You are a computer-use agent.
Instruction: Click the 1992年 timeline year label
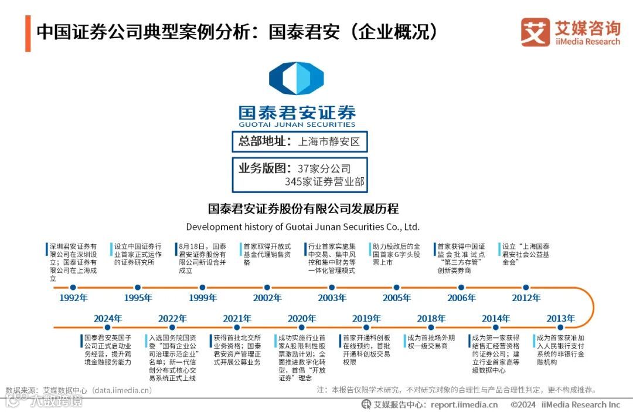[73, 298]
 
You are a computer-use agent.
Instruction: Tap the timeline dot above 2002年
[267, 288]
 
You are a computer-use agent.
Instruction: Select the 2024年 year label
[108, 319]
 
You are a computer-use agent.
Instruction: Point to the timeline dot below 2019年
[367, 327]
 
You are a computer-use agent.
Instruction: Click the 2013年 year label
[561, 319]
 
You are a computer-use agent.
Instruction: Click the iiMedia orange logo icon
[535, 32]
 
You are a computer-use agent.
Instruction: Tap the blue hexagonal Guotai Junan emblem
[297, 79]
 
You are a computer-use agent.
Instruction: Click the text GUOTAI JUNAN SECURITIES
[297, 124]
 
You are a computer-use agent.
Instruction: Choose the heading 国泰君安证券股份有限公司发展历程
[303, 209]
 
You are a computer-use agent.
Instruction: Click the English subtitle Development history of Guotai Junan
[303, 227]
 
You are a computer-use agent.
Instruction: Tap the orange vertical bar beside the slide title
[28, 32]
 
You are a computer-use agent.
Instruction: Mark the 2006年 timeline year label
[461, 298]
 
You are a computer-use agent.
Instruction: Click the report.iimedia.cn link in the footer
[464, 404]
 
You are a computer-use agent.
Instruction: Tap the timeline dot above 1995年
[138, 288]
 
